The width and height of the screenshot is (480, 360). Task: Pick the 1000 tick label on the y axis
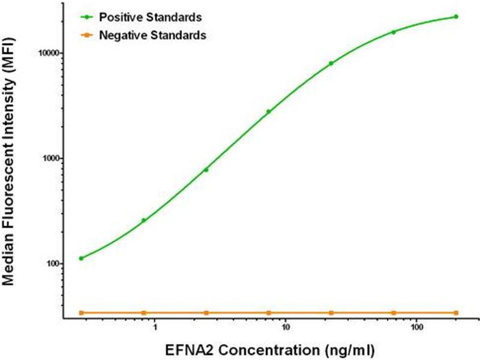pyautogui.click(x=47, y=158)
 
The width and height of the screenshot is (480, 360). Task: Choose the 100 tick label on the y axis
pyautogui.click(x=50, y=264)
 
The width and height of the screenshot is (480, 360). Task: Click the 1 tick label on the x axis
pyautogui.click(x=155, y=329)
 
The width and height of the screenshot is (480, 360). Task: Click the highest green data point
pyautogui.click(x=456, y=17)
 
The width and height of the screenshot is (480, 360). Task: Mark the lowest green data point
pyautogui.click(x=81, y=259)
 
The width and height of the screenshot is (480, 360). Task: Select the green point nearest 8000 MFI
pyautogui.click(x=331, y=63)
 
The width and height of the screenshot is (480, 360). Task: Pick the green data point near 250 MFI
pyautogui.click(x=143, y=220)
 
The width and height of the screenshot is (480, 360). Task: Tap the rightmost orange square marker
pyautogui.click(x=456, y=313)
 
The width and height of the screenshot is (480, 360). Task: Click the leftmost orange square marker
pyautogui.click(x=81, y=313)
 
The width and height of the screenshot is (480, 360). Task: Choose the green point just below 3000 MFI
pyautogui.click(x=269, y=112)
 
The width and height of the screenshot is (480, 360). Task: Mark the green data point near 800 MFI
pyautogui.click(x=206, y=170)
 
